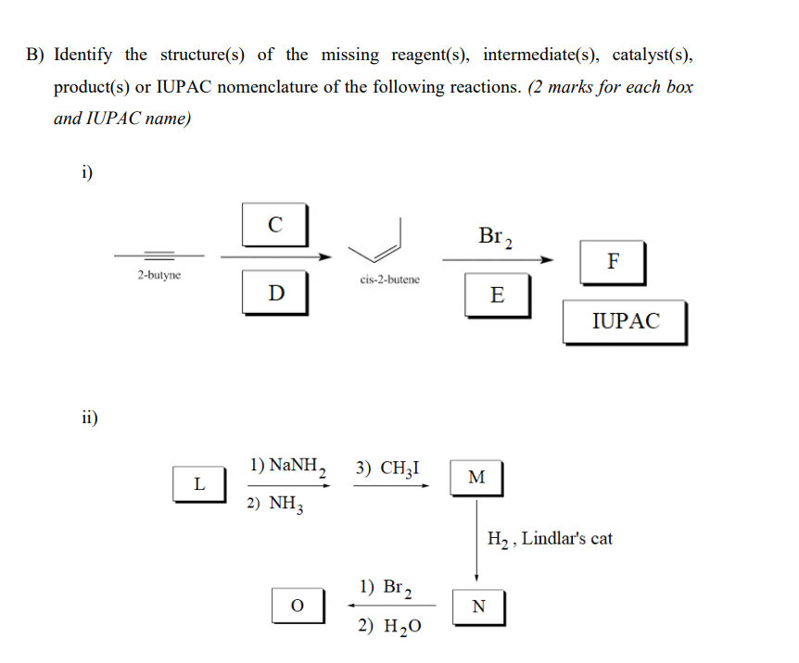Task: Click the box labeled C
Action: click(273, 224)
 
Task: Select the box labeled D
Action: click(275, 293)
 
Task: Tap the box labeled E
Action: click(497, 295)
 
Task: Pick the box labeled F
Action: click(613, 262)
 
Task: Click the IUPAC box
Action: click(625, 321)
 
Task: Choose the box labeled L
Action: click(198, 482)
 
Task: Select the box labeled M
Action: click(476, 478)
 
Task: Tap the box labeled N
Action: click(477, 607)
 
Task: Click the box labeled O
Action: click(297, 605)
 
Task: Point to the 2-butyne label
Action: click(159, 276)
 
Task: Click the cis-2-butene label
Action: click(388, 279)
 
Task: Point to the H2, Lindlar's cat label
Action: click(550, 538)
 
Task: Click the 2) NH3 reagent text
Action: click(276, 505)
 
